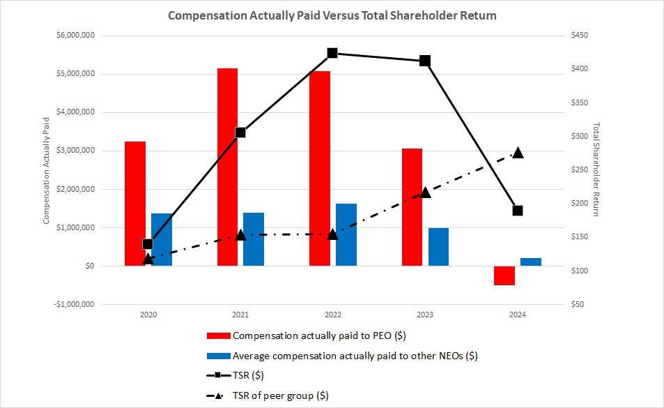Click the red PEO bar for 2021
tap(227, 167)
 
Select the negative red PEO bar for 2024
tap(504, 275)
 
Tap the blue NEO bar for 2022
tap(346, 234)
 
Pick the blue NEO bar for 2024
tap(531, 262)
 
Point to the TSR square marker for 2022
tap(332, 53)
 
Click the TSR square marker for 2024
tap(518, 211)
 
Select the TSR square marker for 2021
tap(240, 133)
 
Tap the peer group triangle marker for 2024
tap(518, 153)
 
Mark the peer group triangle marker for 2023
tap(426, 192)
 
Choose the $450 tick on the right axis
tap(580, 36)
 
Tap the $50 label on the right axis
tap(578, 304)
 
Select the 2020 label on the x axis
tap(148, 315)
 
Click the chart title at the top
tap(332, 15)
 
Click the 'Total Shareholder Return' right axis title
tap(596, 169)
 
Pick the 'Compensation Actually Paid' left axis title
tap(47, 169)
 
